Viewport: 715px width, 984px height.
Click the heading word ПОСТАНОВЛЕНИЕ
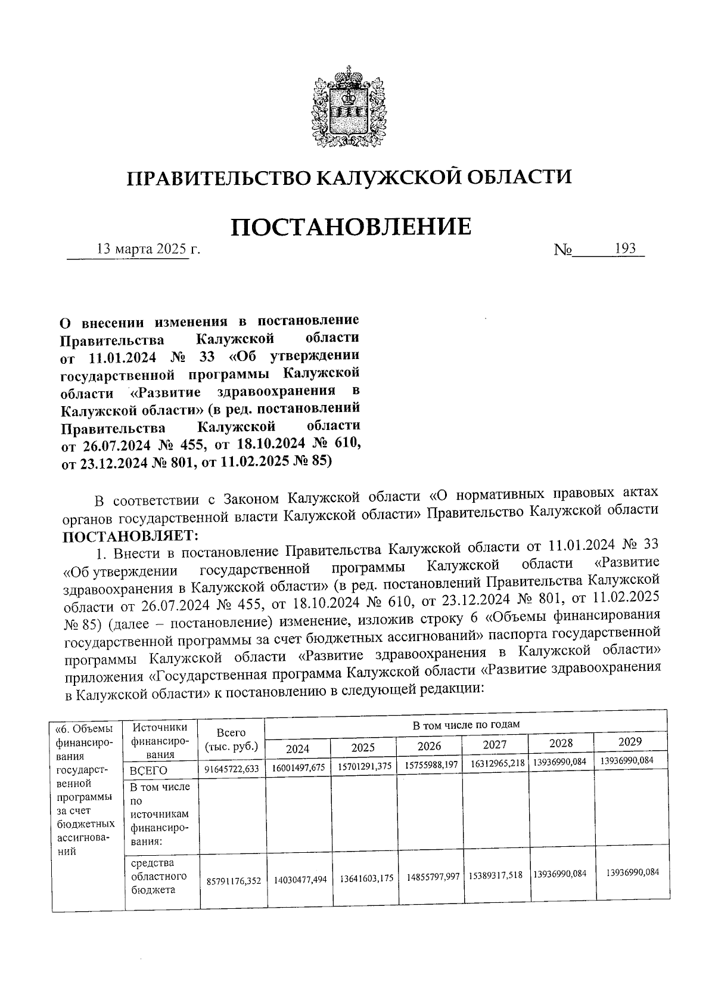click(351, 227)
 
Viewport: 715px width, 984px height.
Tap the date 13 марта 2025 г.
click(148, 249)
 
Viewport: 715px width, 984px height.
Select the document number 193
click(626, 248)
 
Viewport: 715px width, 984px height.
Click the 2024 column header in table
click(298, 748)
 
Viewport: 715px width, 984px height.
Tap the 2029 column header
click(630, 742)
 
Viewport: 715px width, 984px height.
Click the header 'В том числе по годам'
click(467, 725)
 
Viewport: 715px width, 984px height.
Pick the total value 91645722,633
click(232, 769)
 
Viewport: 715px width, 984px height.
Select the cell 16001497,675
click(299, 768)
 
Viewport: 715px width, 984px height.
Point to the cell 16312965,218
click(495, 765)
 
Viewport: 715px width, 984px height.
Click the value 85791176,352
click(233, 880)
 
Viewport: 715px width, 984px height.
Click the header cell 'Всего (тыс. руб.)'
click(231, 739)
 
